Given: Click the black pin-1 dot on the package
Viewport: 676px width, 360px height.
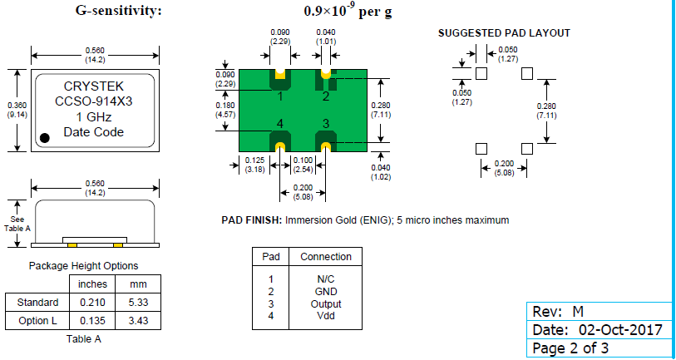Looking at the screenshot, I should pos(47,137).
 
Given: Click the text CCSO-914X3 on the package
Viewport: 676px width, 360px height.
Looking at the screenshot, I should pos(93,101).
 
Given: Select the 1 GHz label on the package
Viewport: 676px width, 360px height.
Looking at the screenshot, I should pos(93,116).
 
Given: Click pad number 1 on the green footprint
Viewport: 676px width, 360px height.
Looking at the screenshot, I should pos(280,96).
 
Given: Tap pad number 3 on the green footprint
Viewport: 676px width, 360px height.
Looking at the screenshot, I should pos(325,124).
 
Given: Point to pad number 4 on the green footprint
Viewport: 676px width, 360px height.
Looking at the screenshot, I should pos(280,124).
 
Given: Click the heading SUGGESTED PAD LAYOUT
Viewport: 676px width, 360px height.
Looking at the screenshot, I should pos(504,33).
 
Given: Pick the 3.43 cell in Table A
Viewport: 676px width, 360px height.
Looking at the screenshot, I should pos(133,320).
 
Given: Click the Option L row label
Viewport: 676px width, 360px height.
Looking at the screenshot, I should pos(37,320).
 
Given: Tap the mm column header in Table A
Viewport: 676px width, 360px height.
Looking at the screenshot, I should pos(133,284).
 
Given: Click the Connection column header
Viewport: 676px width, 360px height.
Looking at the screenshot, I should pos(326,256).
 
